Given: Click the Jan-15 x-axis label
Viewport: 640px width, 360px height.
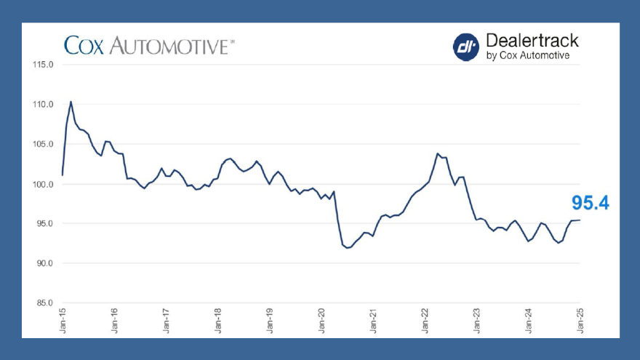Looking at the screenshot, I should click(x=63, y=321).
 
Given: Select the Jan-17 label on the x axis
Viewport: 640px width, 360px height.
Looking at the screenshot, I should click(x=167, y=321).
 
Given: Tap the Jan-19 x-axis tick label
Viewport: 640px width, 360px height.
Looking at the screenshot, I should click(x=270, y=321).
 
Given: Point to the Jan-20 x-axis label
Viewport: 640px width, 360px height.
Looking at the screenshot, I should click(x=321, y=321).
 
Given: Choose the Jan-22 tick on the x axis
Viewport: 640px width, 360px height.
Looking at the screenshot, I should click(x=425, y=321).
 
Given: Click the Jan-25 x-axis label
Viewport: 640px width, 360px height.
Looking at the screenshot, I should click(x=580, y=321).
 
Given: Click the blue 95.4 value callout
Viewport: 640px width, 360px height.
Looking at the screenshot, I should click(x=590, y=203).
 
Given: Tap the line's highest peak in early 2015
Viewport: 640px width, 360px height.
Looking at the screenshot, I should click(x=71, y=102).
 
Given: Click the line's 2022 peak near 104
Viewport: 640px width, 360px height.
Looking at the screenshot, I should click(x=437, y=153).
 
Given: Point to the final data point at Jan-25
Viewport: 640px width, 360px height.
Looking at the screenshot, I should click(x=580, y=220).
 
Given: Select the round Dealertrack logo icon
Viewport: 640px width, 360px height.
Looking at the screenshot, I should click(x=465, y=47).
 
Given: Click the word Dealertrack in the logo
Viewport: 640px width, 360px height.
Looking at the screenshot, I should click(x=531, y=41).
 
